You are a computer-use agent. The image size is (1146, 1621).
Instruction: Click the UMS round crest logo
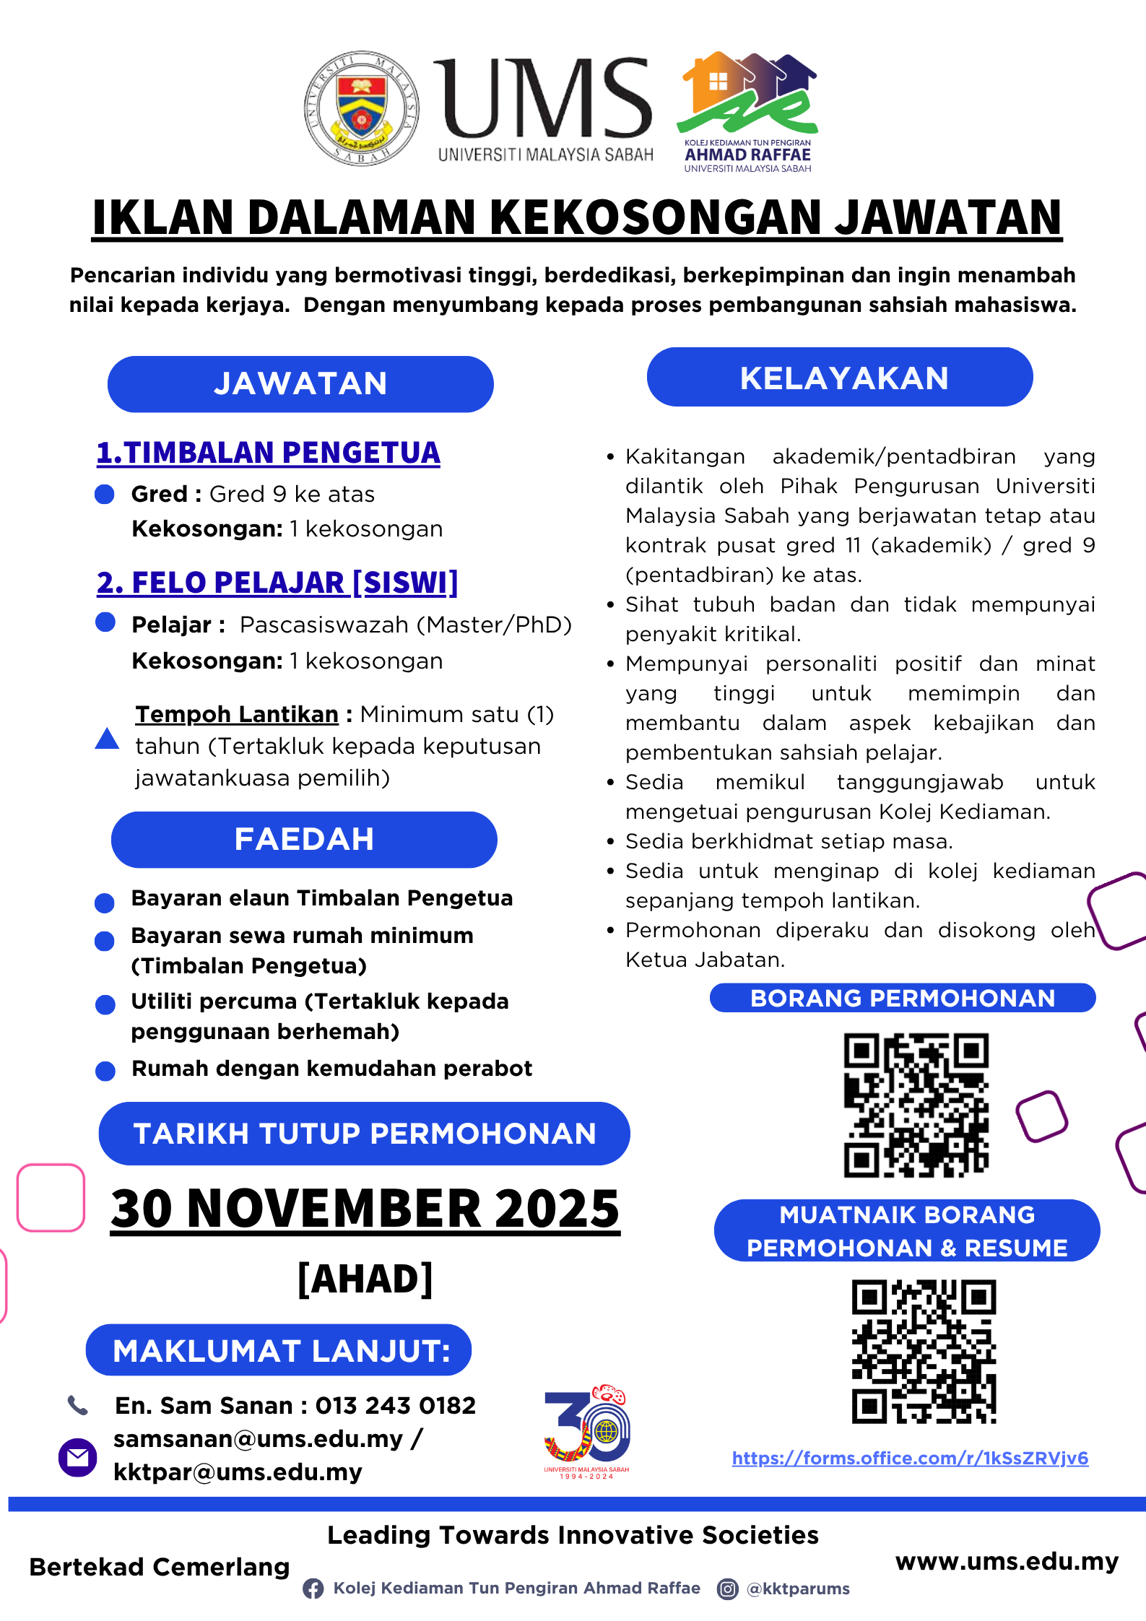362,108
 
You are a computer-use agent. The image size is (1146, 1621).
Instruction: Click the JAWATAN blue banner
300,383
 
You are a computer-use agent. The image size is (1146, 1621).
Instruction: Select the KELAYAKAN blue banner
840,378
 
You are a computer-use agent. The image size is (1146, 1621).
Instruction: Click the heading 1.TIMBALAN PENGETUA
268,453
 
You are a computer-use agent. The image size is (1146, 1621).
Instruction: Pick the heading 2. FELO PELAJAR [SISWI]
277,583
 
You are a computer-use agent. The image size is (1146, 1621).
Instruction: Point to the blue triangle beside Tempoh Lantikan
107,739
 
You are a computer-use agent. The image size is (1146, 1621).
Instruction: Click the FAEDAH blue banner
304,839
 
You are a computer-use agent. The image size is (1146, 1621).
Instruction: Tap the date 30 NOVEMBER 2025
365,1209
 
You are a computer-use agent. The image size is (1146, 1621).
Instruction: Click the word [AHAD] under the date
365,1279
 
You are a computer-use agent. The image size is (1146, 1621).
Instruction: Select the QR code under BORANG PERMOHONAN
916,1105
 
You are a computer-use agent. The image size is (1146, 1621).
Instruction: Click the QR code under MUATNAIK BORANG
924,1352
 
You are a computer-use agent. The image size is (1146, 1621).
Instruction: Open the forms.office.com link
910,1458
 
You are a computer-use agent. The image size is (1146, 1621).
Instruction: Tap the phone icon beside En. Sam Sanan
77,1405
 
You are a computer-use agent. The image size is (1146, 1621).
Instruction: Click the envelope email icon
77,1457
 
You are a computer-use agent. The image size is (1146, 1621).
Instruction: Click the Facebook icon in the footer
313,1589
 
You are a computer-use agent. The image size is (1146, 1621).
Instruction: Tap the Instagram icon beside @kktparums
727,1589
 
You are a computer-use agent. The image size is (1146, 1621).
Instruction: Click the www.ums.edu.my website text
1007,1561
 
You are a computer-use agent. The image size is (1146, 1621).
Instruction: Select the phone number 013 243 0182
396,1405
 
